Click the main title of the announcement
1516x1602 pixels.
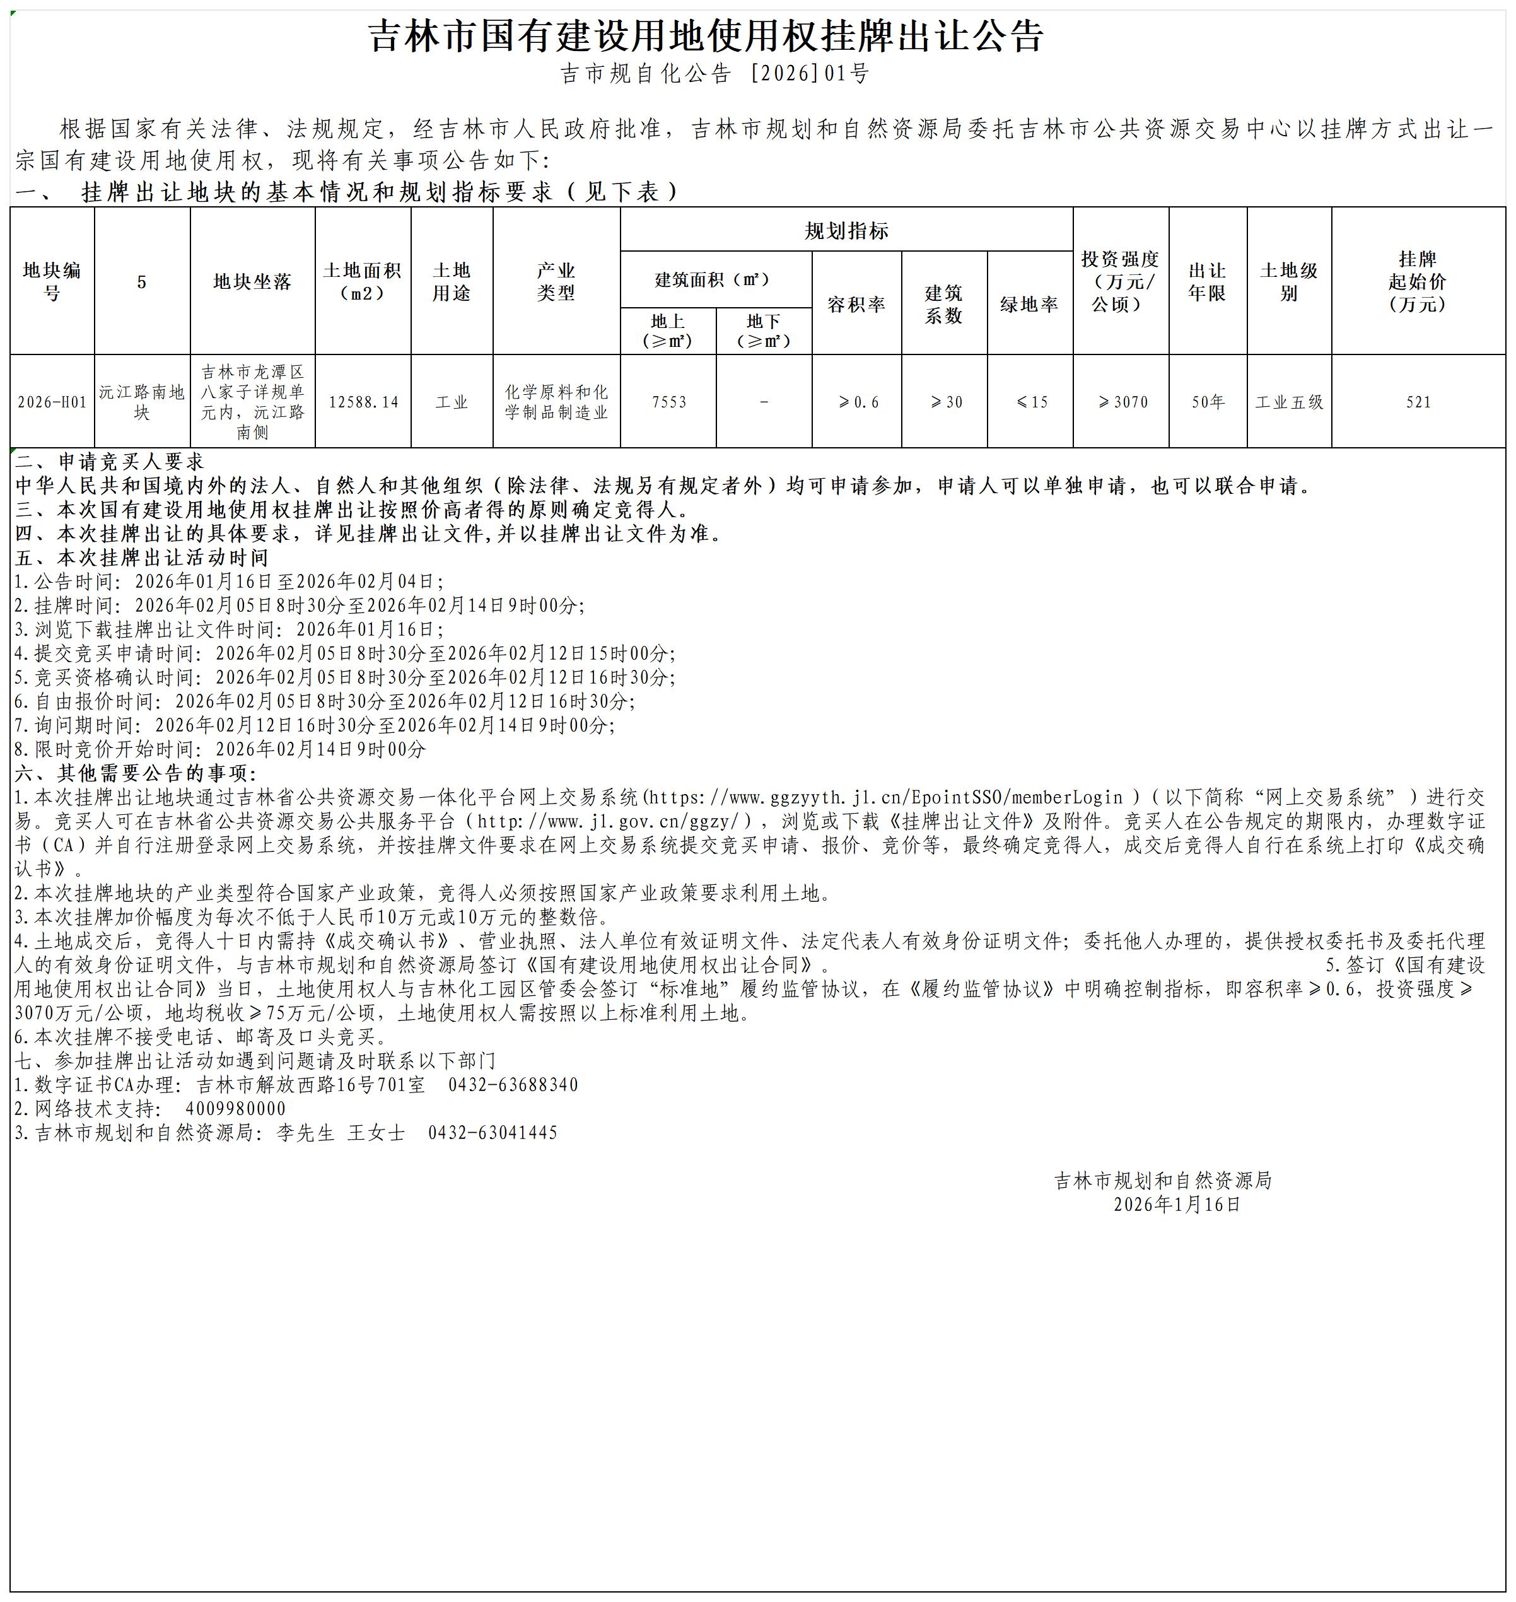706,37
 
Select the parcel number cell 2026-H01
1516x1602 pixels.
52,402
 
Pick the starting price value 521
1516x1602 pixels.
1418,402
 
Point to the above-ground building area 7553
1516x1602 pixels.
668,402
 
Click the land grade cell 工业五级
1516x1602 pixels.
1289,402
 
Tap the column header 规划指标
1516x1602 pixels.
846,231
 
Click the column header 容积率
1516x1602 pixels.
856,305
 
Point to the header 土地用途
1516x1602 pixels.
452,281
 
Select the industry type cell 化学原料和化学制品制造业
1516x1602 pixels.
556,402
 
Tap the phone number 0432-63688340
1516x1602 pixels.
513,1085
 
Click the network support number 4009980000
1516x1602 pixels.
235,1109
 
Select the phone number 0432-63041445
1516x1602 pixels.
493,1132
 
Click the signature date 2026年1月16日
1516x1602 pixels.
1177,1204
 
